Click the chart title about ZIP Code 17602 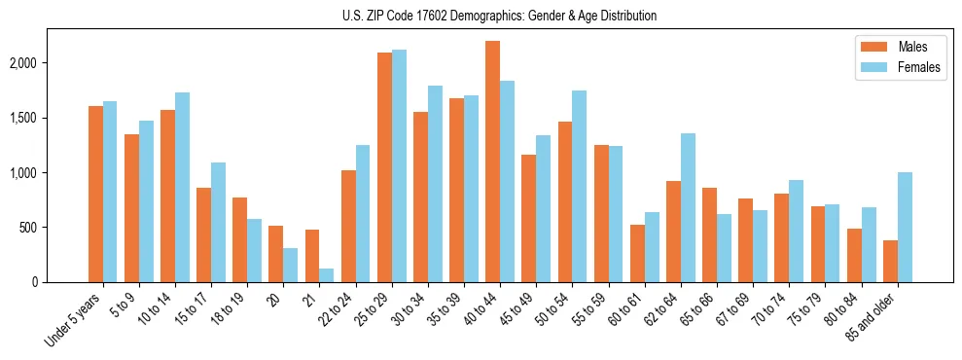(499, 16)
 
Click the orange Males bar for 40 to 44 (492, 162)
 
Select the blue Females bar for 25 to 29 (399, 165)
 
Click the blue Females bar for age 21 (327, 275)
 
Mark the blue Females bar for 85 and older (905, 227)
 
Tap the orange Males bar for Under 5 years (95, 194)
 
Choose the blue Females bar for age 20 (291, 265)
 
